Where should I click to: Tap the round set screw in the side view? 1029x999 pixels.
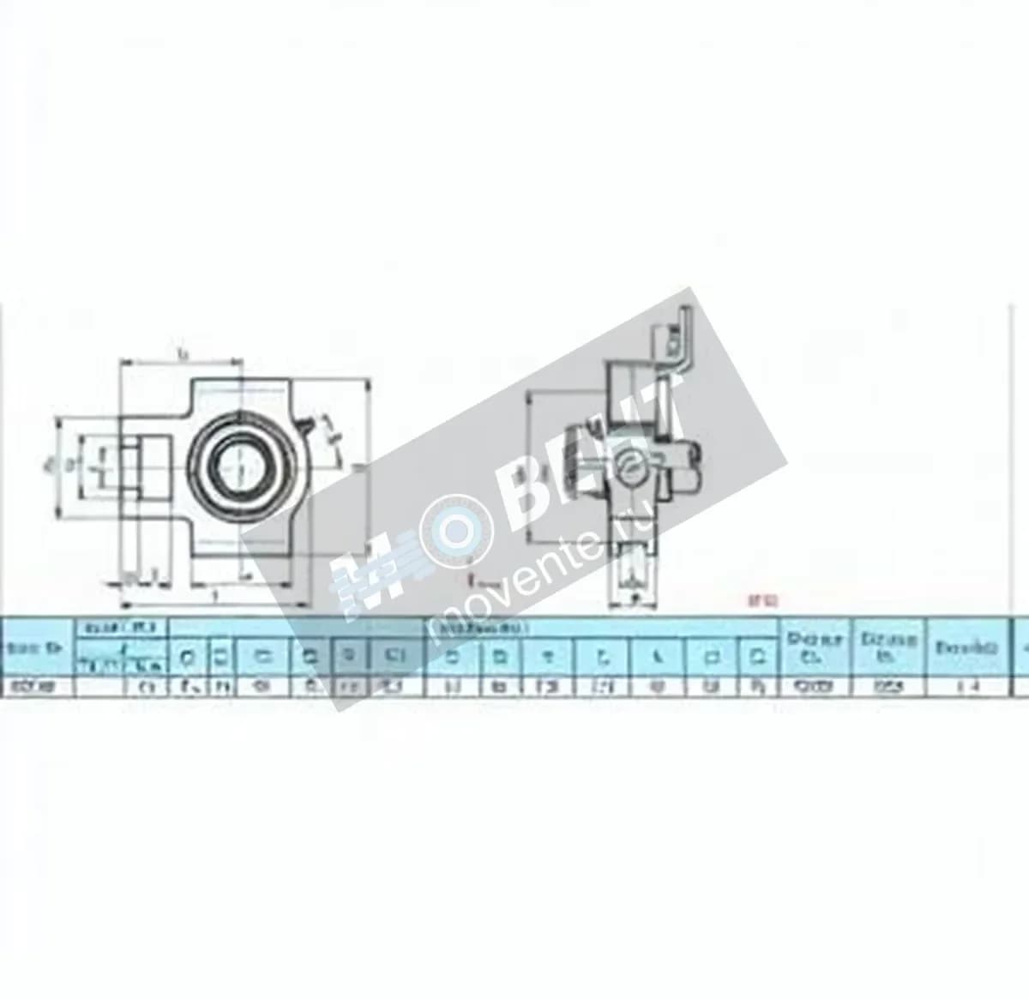628,466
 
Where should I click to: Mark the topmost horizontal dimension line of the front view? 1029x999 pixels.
182,361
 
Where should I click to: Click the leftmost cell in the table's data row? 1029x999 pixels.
39,684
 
